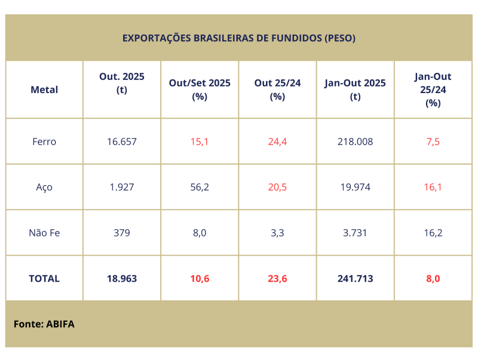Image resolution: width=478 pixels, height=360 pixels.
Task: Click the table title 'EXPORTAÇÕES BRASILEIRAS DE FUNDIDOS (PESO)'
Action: point(239,38)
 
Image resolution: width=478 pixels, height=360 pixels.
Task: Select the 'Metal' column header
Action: point(44,90)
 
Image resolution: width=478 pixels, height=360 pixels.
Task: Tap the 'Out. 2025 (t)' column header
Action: point(122,84)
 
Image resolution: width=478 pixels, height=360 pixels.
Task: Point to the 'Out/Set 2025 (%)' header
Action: point(200,90)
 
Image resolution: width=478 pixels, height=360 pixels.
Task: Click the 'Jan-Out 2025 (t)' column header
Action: point(356,90)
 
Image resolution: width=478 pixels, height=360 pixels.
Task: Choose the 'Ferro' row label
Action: point(44,141)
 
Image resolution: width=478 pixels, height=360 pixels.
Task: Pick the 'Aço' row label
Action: point(44,187)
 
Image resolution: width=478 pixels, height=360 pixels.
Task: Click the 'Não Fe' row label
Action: point(44,233)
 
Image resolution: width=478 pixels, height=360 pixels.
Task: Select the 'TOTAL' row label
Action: point(44,278)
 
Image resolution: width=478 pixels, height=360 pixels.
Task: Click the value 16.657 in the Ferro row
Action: point(122,141)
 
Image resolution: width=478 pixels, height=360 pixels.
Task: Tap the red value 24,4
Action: point(277,141)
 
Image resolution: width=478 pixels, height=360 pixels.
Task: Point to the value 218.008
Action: point(356,141)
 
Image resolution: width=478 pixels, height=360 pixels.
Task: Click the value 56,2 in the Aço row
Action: point(200,187)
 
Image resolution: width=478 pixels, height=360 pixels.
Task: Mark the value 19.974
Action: point(356,187)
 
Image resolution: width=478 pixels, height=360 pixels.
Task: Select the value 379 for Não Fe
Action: point(122,233)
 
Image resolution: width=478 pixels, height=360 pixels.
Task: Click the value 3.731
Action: point(356,233)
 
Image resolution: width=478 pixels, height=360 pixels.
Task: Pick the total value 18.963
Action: point(122,278)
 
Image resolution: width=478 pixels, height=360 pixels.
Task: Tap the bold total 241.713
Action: point(356,278)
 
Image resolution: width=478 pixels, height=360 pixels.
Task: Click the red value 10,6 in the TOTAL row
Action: point(200,278)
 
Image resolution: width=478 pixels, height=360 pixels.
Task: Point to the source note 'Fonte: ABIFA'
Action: point(44,324)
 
